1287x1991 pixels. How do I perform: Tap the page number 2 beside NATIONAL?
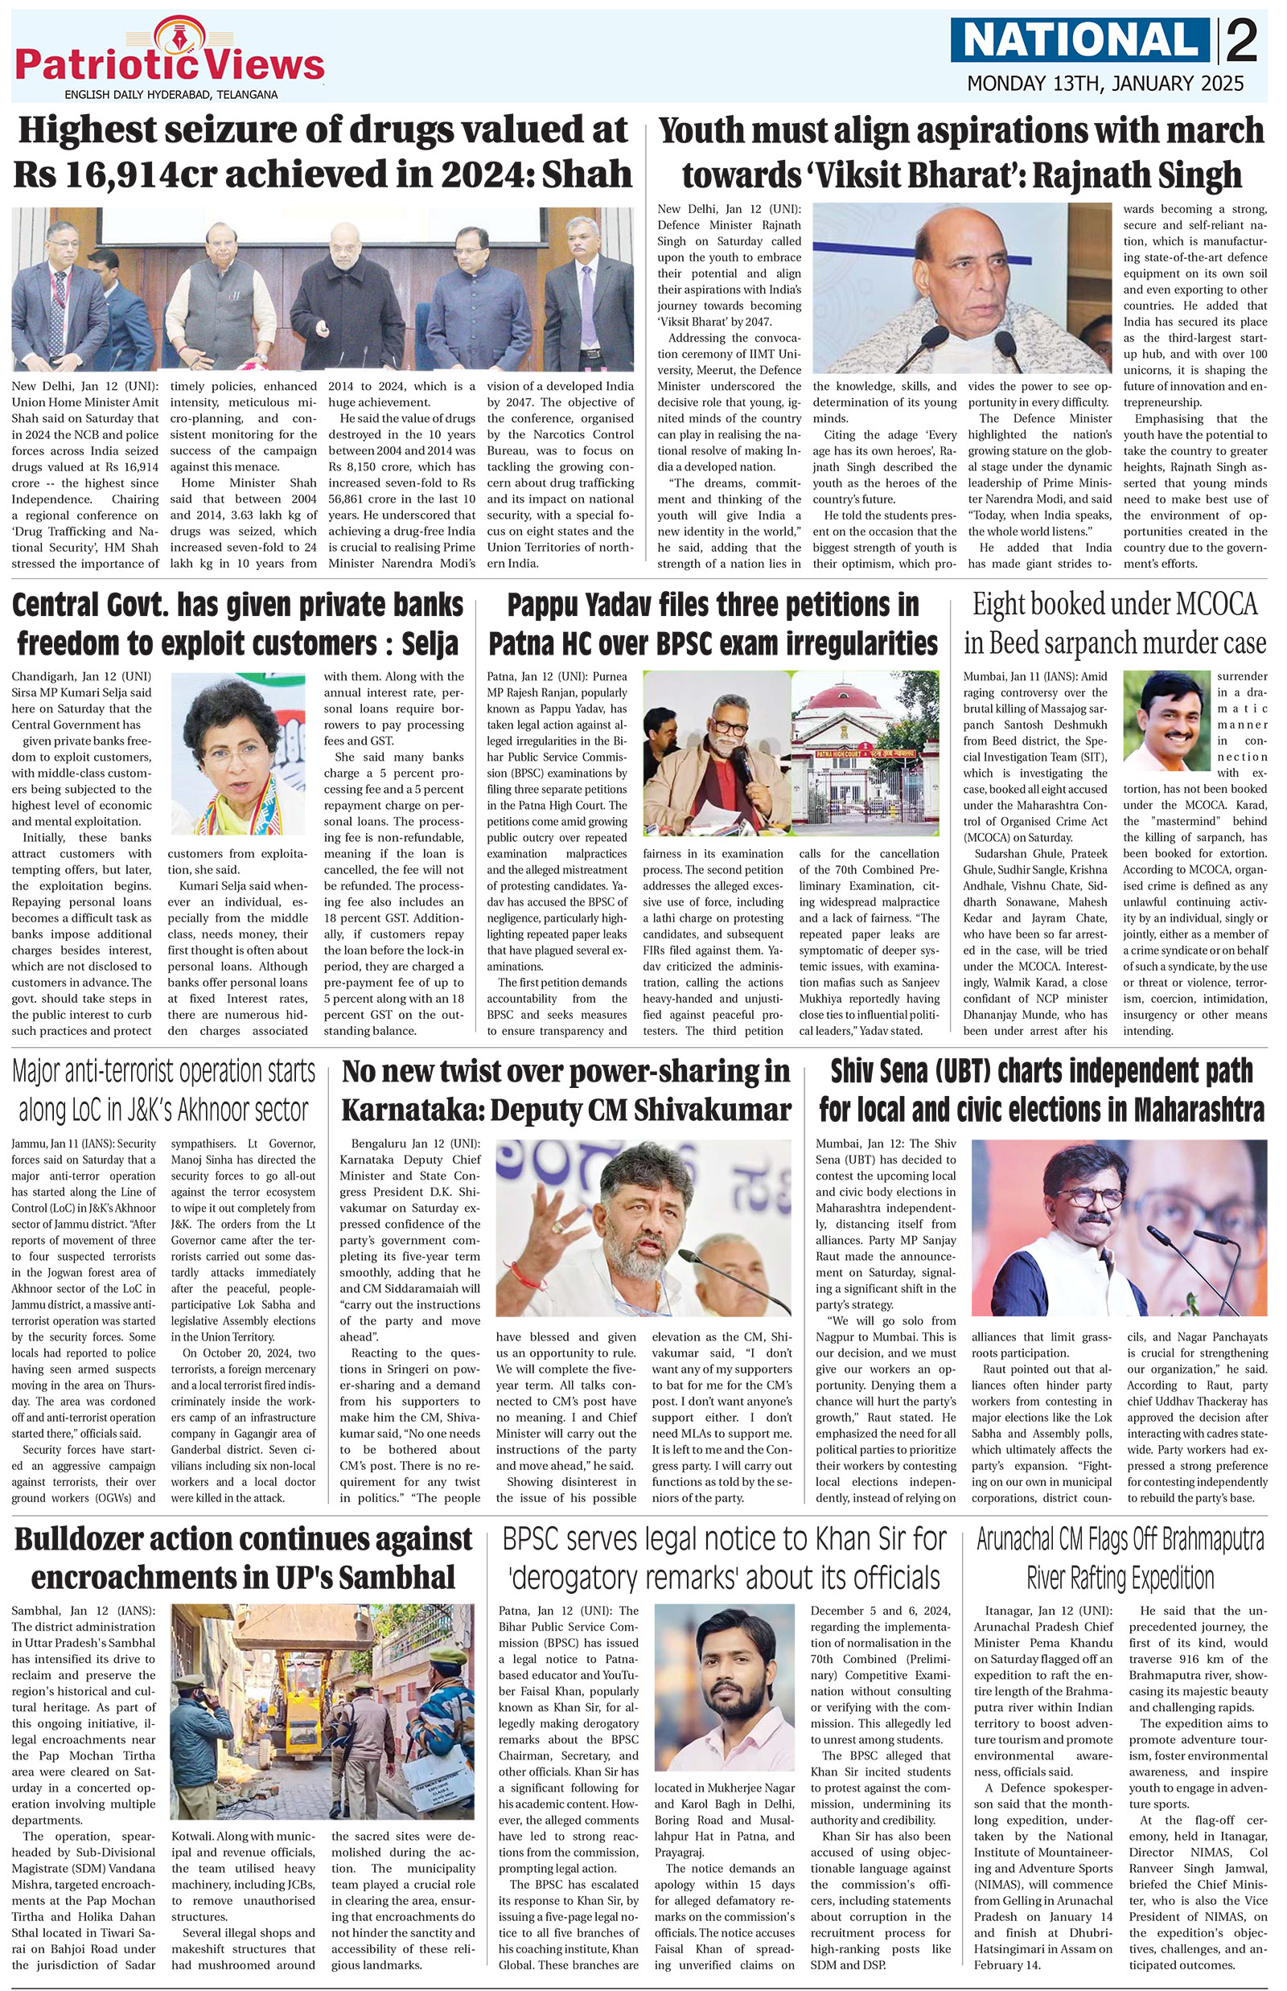(1243, 41)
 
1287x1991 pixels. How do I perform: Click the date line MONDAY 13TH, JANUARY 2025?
(1105, 84)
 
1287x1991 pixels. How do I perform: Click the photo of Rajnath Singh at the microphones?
(962, 288)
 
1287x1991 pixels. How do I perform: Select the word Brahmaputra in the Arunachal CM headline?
(1199, 1540)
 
